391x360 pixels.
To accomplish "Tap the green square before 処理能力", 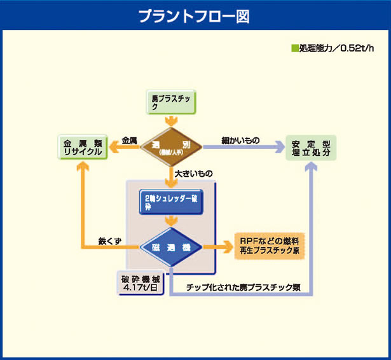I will (x=294, y=48).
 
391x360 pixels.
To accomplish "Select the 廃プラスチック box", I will (x=170, y=101).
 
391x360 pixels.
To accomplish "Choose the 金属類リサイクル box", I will (x=83, y=148).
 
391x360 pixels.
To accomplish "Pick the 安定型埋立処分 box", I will (x=310, y=148).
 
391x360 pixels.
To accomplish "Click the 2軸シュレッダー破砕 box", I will (x=171, y=202).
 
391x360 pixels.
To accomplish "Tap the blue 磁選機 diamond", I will (x=171, y=247).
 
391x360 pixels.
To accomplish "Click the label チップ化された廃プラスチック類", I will (x=243, y=287).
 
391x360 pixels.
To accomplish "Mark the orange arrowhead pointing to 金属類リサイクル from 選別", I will (x=114, y=148).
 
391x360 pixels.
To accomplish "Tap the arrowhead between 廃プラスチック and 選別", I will (x=170, y=121).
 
